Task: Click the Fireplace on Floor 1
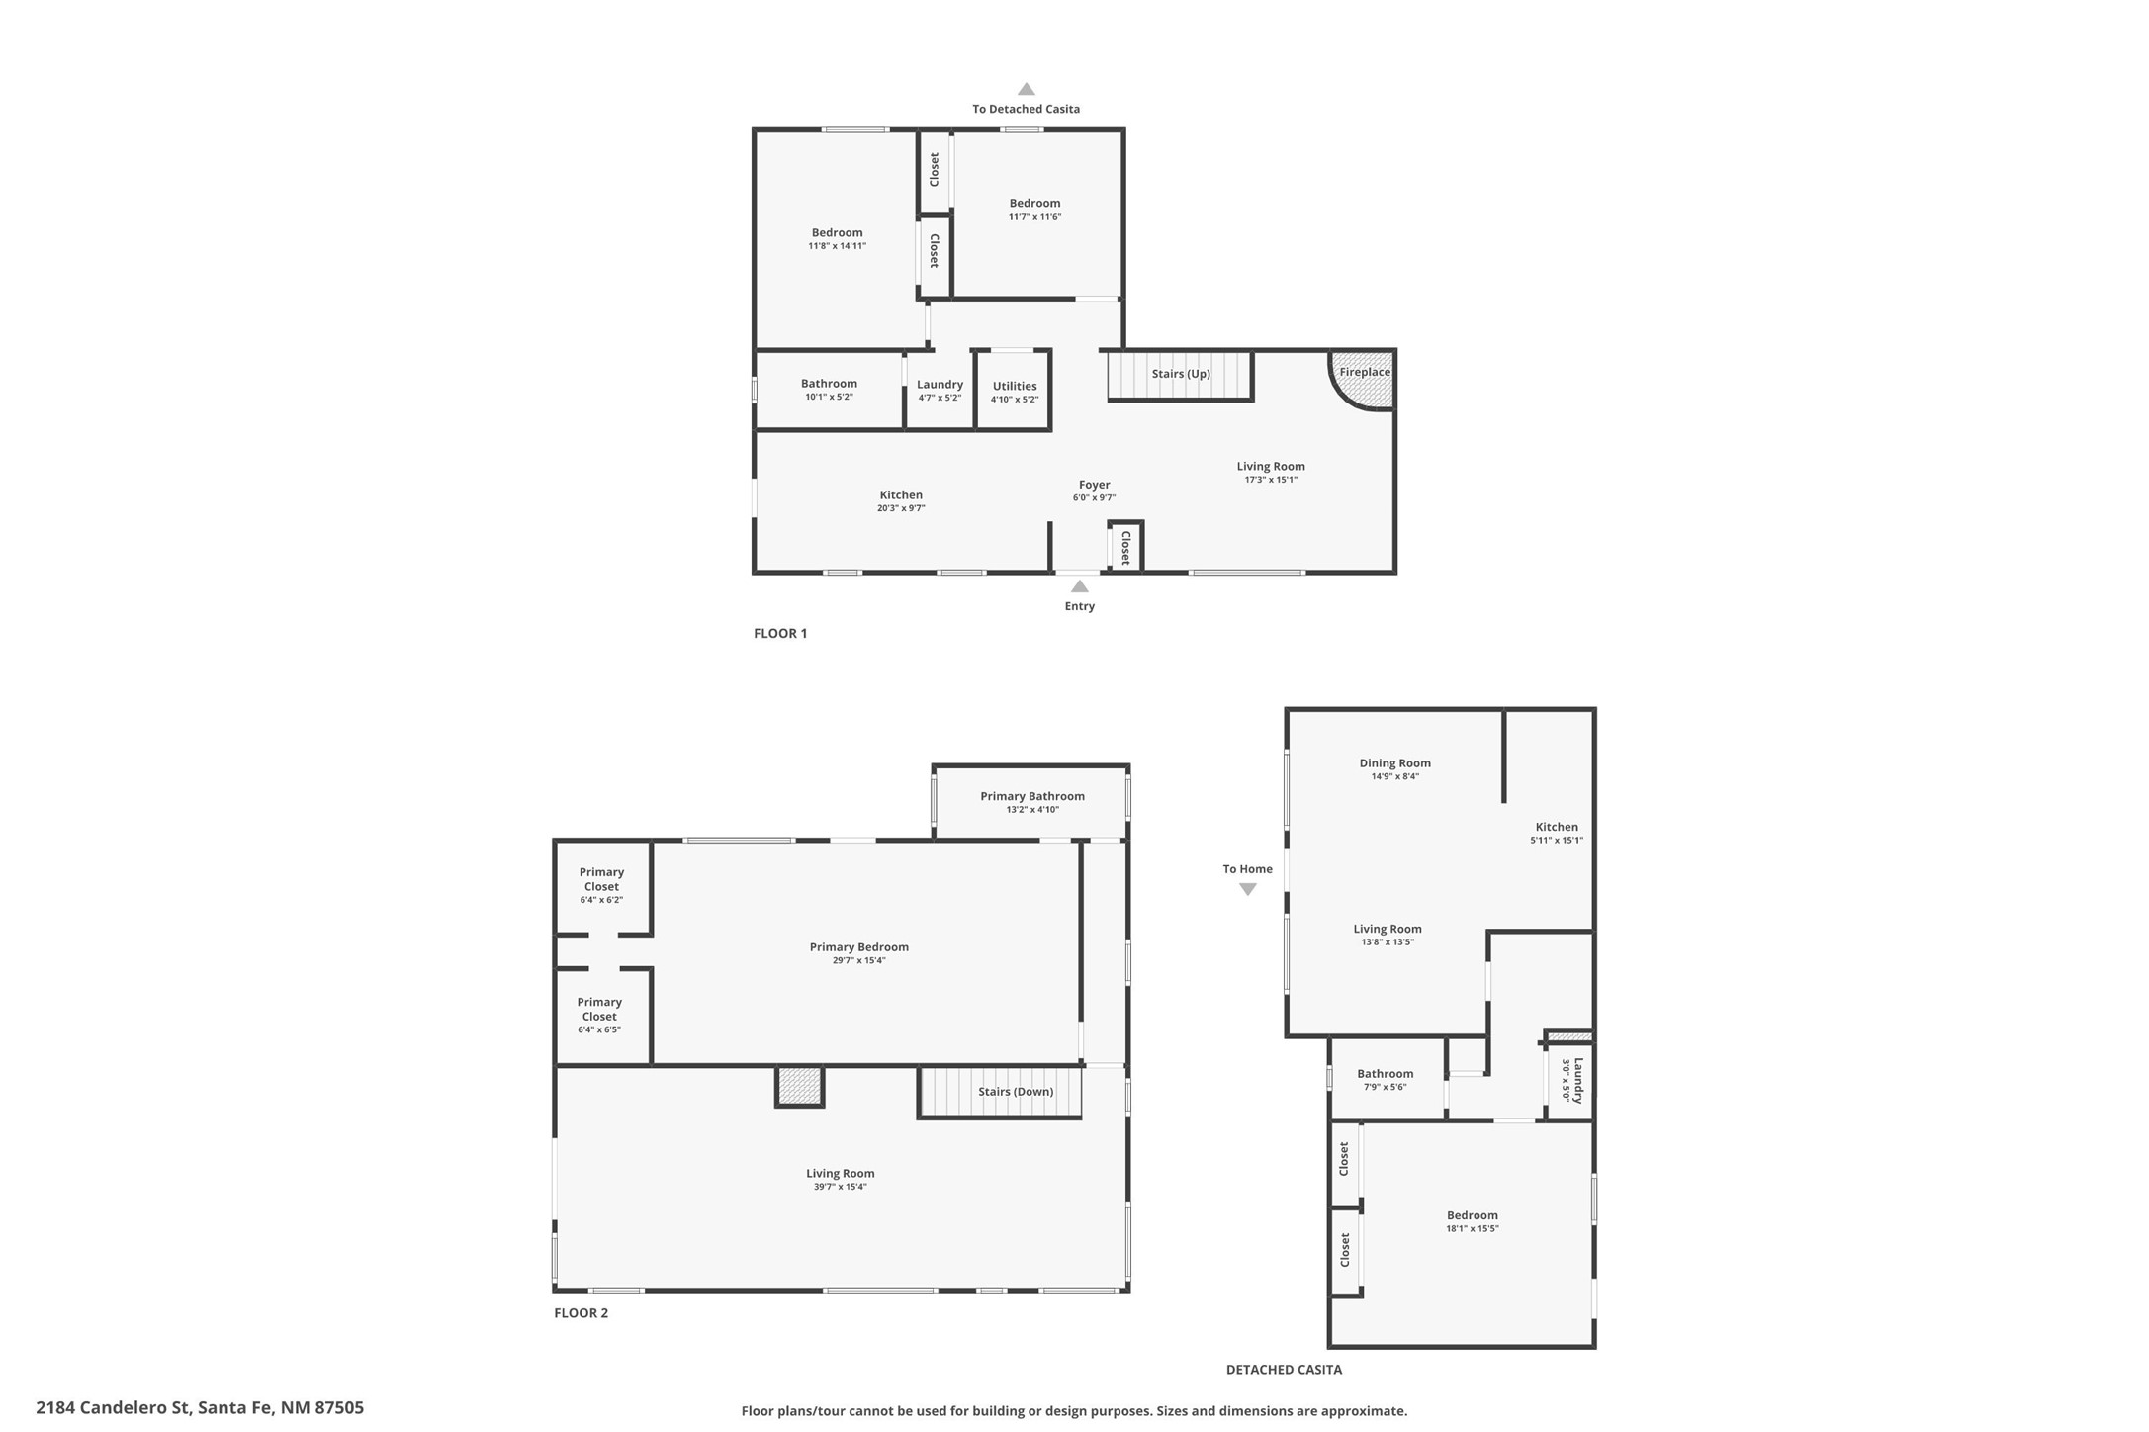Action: (x=1365, y=379)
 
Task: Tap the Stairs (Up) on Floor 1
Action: (x=1180, y=375)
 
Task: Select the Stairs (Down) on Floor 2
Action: (x=1000, y=1092)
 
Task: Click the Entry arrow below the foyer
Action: (x=1080, y=586)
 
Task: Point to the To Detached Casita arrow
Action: (x=1027, y=89)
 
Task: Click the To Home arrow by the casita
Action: (x=1248, y=889)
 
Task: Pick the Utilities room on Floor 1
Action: (x=1014, y=391)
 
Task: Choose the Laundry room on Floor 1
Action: (x=940, y=391)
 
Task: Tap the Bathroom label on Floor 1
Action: (x=829, y=384)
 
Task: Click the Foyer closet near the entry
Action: (x=1125, y=547)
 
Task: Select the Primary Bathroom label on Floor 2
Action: (x=1032, y=796)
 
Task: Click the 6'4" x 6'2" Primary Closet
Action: (x=602, y=886)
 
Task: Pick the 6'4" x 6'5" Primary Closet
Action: (x=600, y=1016)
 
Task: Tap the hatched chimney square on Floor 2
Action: (x=799, y=1086)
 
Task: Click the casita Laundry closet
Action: (x=1570, y=1080)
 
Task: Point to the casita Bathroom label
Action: (x=1385, y=1074)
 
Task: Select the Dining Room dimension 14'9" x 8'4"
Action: (x=1394, y=777)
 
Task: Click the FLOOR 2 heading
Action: (x=581, y=1313)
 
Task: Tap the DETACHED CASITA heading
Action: (x=1284, y=1370)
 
